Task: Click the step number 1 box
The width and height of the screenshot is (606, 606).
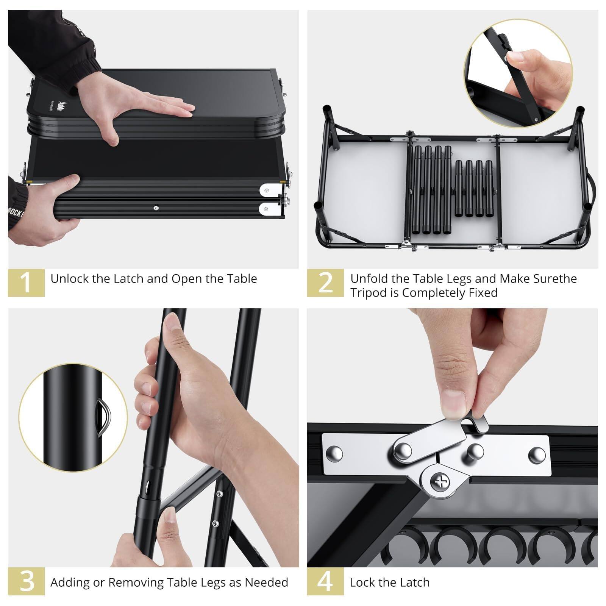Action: click(x=26, y=283)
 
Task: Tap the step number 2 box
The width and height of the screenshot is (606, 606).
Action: click(x=325, y=283)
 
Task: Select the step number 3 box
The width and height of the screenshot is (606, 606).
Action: click(x=26, y=581)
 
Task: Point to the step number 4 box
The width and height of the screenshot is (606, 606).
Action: click(x=325, y=581)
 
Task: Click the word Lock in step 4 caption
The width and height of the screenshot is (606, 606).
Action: click(x=362, y=582)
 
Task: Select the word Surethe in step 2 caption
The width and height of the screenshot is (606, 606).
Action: click(x=555, y=279)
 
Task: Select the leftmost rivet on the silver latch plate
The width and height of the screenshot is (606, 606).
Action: click(x=336, y=453)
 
